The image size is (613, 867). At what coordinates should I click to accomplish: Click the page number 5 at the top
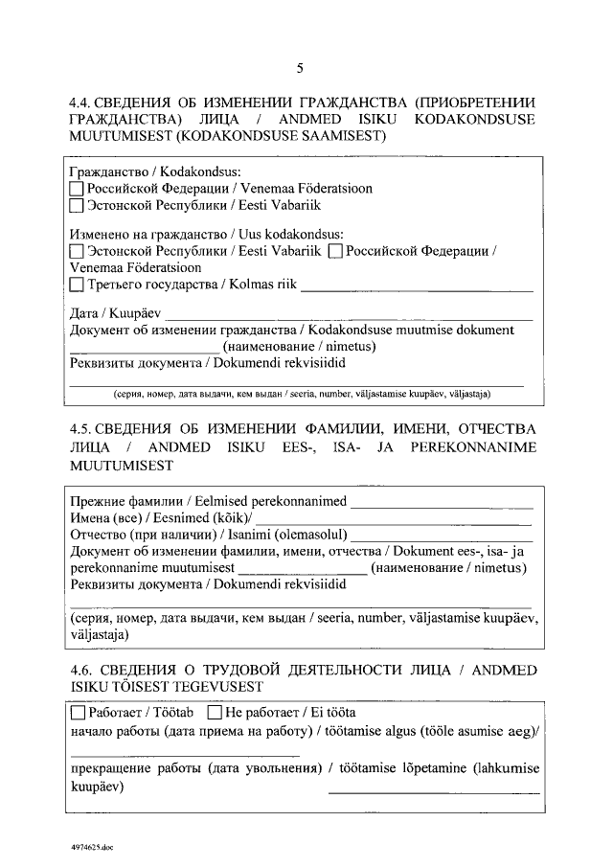(300, 68)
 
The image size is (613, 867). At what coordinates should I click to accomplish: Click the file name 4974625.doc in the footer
(91, 847)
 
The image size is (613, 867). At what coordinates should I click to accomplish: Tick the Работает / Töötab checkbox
(78, 714)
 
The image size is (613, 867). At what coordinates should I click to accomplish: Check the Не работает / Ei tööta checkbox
(214, 714)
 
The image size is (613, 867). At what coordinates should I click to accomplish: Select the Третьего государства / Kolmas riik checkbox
(78, 285)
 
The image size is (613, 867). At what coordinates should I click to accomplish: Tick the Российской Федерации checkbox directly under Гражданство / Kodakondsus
(78, 189)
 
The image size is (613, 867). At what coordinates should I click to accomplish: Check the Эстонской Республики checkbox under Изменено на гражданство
(78, 251)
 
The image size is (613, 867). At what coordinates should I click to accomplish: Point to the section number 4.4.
(81, 103)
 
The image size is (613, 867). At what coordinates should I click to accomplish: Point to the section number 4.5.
(81, 428)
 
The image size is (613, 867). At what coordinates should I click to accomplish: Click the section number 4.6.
(81, 669)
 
